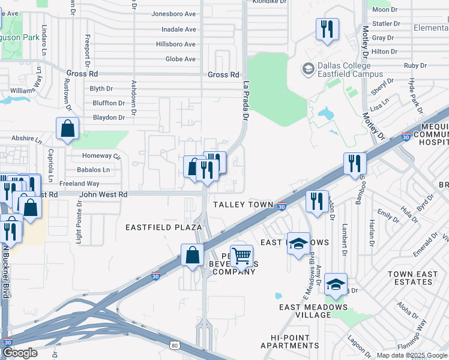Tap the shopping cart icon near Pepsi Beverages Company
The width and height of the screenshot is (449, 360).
(x=241, y=256)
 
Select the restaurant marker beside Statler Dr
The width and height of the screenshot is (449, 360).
(x=327, y=29)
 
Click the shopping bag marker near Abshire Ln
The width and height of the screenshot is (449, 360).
(x=68, y=128)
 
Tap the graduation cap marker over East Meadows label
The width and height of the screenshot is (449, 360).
(x=298, y=244)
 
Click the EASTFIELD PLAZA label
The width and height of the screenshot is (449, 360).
(x=163, y=227)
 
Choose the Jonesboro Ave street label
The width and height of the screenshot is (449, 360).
(x=173, y=14)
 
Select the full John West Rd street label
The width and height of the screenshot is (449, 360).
(x=103, y=194)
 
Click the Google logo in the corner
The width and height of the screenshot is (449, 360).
(x=20, y=353)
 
